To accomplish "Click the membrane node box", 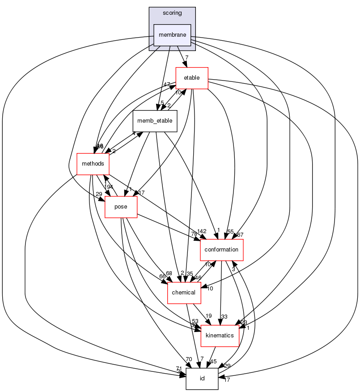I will [x=172, y=35].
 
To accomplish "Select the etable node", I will [x=192, y=78].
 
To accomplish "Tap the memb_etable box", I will [x=155, y=120].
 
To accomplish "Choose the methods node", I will [x=93, y=164].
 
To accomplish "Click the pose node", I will [x=121, y=207].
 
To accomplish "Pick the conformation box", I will [x=221, y=249].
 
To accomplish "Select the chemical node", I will [x=184, y=292].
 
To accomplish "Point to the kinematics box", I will [x=220, y=335].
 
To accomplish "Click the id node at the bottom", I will [x=202, y=379].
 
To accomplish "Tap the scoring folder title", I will [x=172, y=13].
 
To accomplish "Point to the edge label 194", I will [x=109, y=187].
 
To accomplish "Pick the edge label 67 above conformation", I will [x=241, y=235].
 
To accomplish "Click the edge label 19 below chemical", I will [x=208, y=316].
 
